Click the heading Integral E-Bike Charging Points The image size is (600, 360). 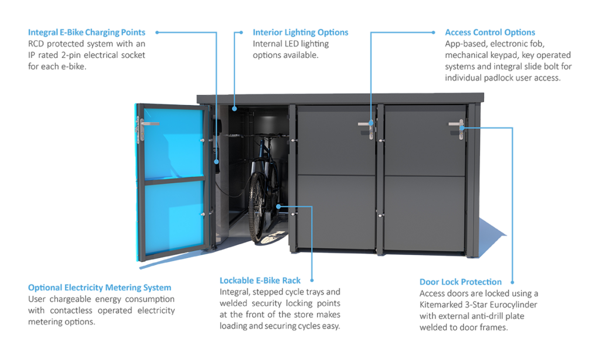click(x=87, y=32)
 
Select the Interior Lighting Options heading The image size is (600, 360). click(x=300, y=32)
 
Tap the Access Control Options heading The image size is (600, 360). click(x=490, y=32)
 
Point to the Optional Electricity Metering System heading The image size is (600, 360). click(x=99, y=288)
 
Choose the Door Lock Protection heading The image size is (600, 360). click(x=460, y=282)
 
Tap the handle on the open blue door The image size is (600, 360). click(x=147, y=124)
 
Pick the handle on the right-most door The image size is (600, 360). click(x=456, y=124)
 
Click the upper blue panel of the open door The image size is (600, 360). click(x=173, y=143)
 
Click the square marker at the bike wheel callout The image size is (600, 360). click(x=280, y=206)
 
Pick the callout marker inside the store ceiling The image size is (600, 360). click(x=235, y=108)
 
